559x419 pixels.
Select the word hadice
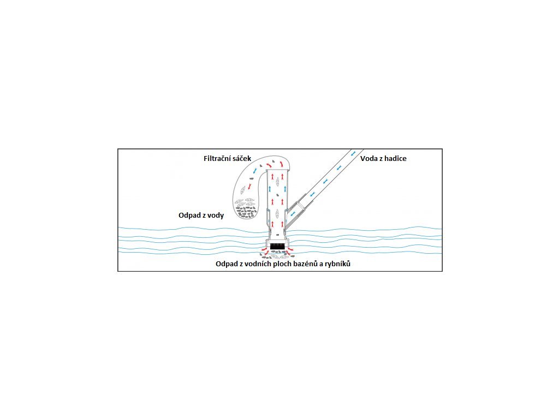pyautogui.click(x=395, y=159)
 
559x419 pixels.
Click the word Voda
pyautogui.click(x=370, y=159)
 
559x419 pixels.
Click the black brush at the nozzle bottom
pyautogui.click(x=278, y=247)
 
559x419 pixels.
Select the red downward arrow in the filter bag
pyautogui.click(x=249, y=187)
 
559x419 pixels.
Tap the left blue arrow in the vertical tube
pyautogui.click(x=269, y=189)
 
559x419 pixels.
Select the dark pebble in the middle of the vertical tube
pyautogui.click(x=278, y=194)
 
